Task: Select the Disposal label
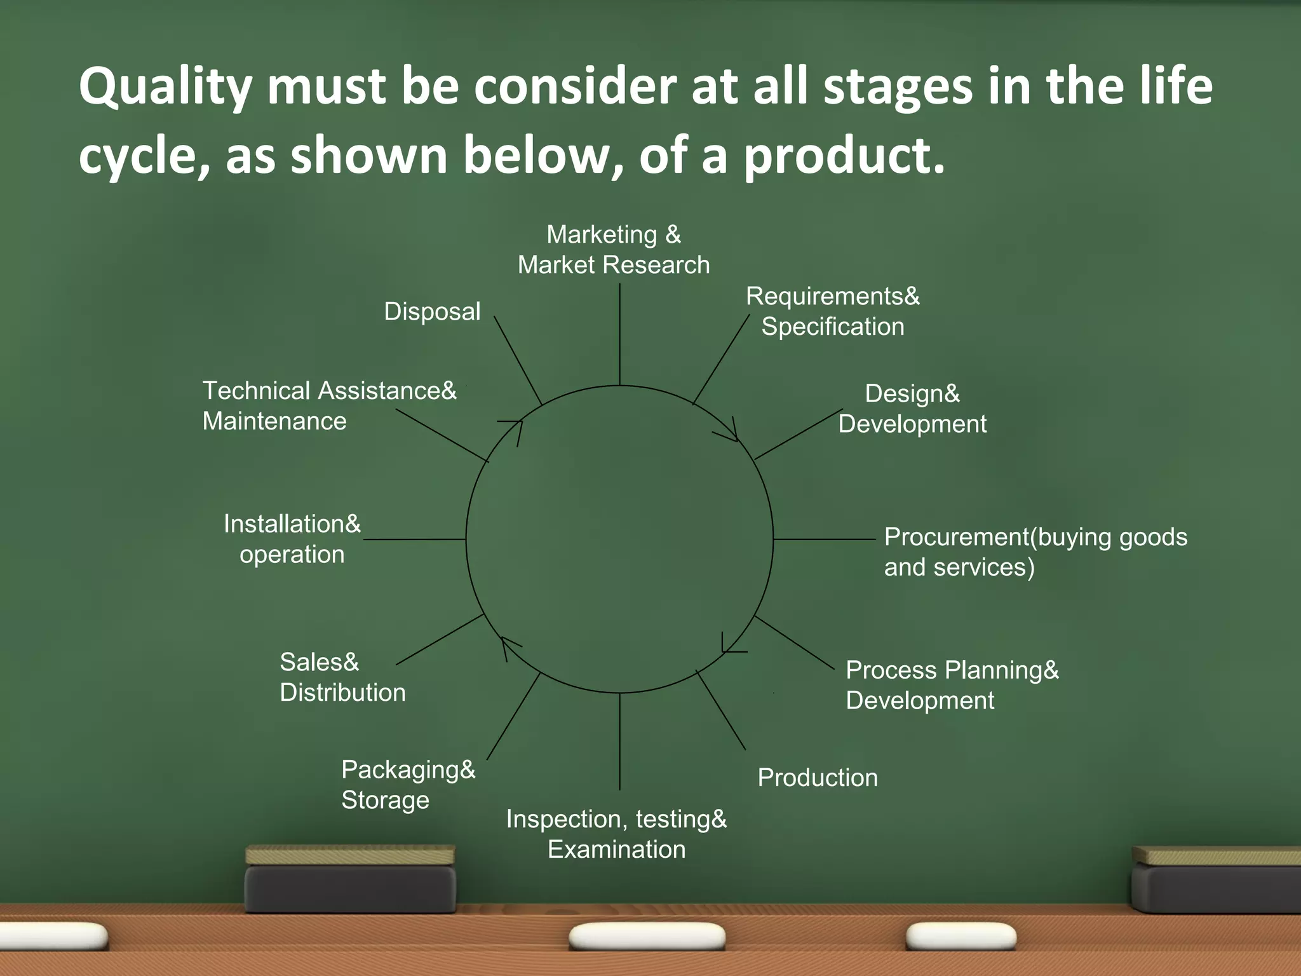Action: click(x=432, y=312)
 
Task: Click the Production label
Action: click(x=818, y=778)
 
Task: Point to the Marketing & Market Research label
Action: click(x=614, y=250)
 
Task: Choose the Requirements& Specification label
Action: click(x=832, y=311)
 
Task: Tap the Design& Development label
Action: click(x=912, y=409)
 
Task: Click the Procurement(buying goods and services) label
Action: click(x=1035, y=552)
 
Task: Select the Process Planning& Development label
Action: click(x=952, y=685)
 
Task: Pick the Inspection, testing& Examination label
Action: click(x=616, y=834)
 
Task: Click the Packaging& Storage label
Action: click(x=408, y=784)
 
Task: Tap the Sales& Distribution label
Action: click(x=342, y=677)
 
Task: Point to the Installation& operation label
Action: click(x=292, y=539)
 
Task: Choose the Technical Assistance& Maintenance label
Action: click(x=329, y=405)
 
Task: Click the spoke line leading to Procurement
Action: click(x=825, y=539)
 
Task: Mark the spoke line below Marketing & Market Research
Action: click(x=619, y=334)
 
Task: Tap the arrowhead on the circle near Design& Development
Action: click(x=731, y=433)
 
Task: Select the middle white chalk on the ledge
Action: click(x=647, y=936)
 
